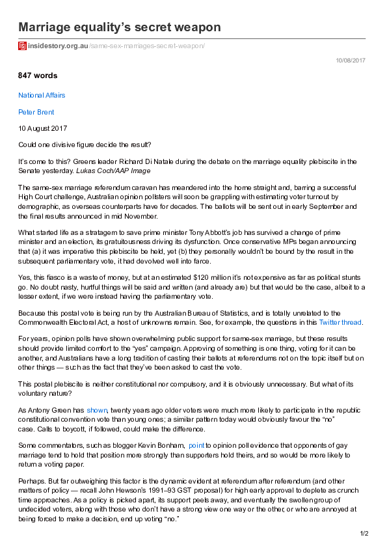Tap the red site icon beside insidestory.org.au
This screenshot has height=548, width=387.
point(22,46)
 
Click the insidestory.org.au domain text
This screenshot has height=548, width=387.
point(58,46)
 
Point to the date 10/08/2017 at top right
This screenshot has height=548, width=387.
point(351,60)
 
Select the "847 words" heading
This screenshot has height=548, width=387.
point(38,76)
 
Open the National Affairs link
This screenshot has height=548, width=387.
point(42,95)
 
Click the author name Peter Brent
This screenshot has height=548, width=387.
point(36,112)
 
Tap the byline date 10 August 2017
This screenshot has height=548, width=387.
point(42,128)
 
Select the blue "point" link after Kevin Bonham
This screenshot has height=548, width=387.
point(196,445)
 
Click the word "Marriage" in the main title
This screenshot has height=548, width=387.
point(49,27)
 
